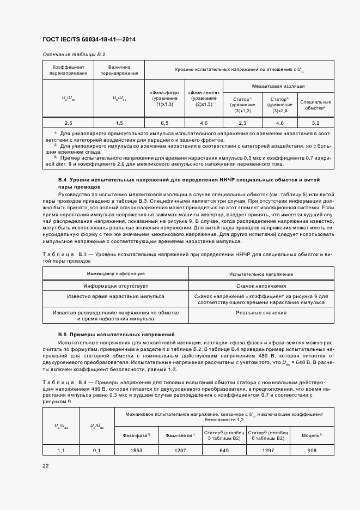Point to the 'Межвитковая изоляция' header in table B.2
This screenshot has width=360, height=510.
(x=278, y=86)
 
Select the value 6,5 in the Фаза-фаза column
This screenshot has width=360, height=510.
(x=164, y=123)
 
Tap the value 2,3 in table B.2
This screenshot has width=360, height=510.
(x=242, y=123)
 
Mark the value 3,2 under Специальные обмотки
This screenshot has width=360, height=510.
(x=316, y=123)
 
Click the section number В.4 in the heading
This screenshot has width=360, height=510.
(x=63, y=179)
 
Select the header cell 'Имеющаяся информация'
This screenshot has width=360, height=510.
(x=115, y=274)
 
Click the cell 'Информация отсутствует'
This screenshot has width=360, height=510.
(x=115, y=286)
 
